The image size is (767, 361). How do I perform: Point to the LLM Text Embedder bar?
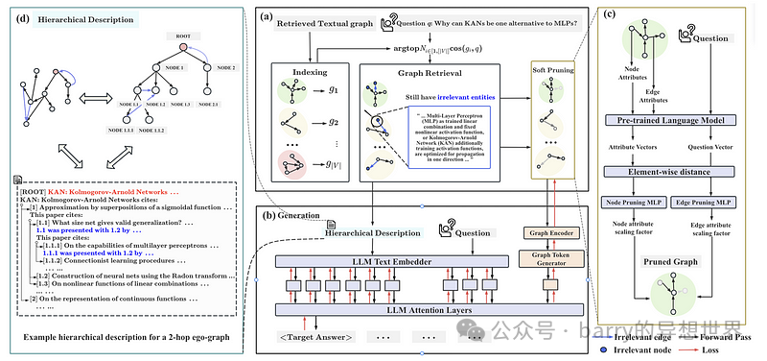coord(395,260)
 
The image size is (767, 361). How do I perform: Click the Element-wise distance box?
coord(677,173)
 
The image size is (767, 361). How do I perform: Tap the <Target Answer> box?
coord(317,337)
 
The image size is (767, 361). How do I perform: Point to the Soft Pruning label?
coord(554,72)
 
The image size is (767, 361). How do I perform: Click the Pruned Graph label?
coord(677,261)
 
